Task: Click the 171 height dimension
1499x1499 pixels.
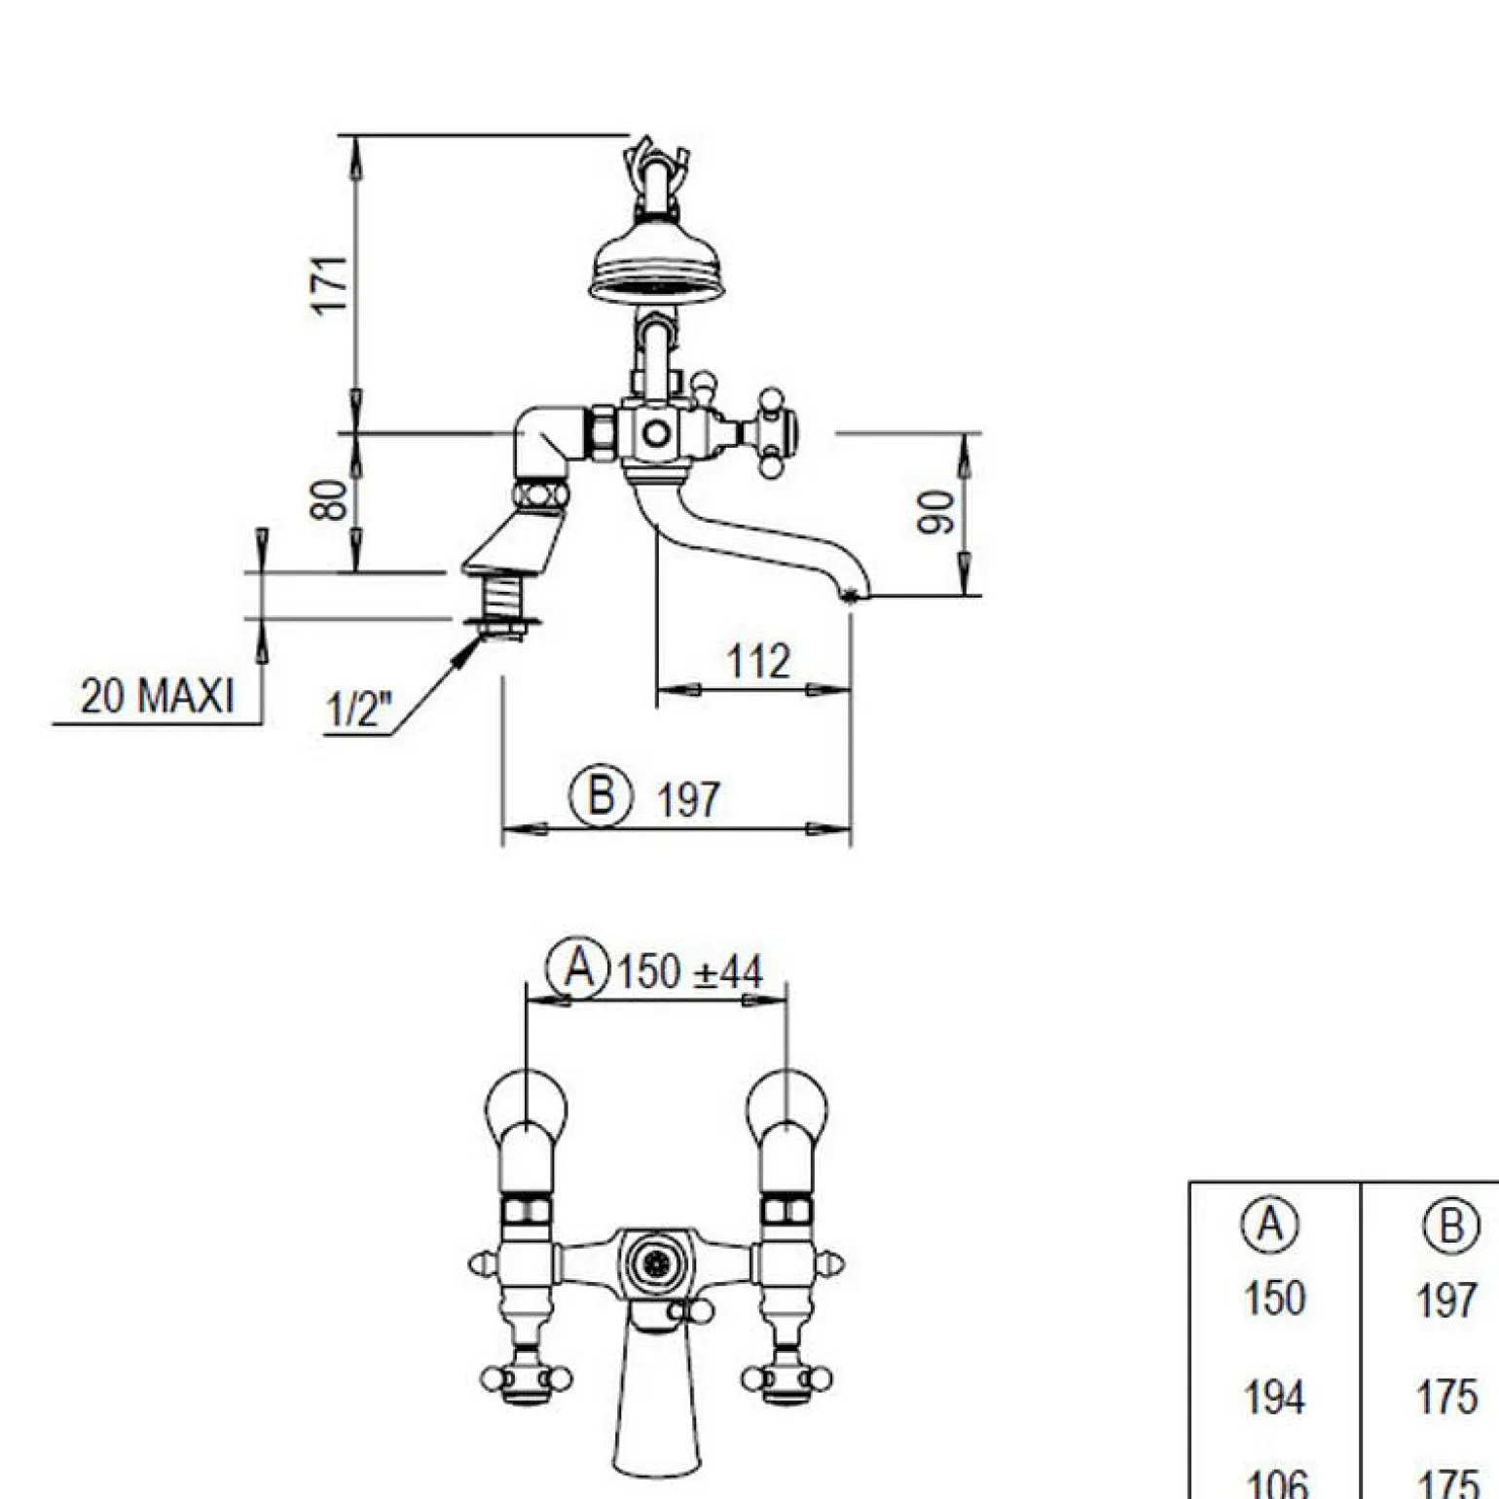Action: click(x=331, y=284)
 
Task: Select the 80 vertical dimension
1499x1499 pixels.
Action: click(x=329, y=500)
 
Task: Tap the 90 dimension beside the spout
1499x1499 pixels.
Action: click(x=935, y=512)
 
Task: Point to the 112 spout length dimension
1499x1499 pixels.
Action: click(x=758, y=662)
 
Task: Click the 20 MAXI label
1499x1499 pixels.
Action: click(x=158, y=696)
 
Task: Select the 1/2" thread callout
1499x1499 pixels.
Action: click(x=358, y=710)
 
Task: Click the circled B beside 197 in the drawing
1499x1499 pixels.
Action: click(x=601, y=795)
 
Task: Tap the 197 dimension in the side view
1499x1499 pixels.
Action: click(x=688, y=800)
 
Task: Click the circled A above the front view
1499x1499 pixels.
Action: click(x=578, y=969)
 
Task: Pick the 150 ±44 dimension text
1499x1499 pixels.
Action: click(x=690, y=971)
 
